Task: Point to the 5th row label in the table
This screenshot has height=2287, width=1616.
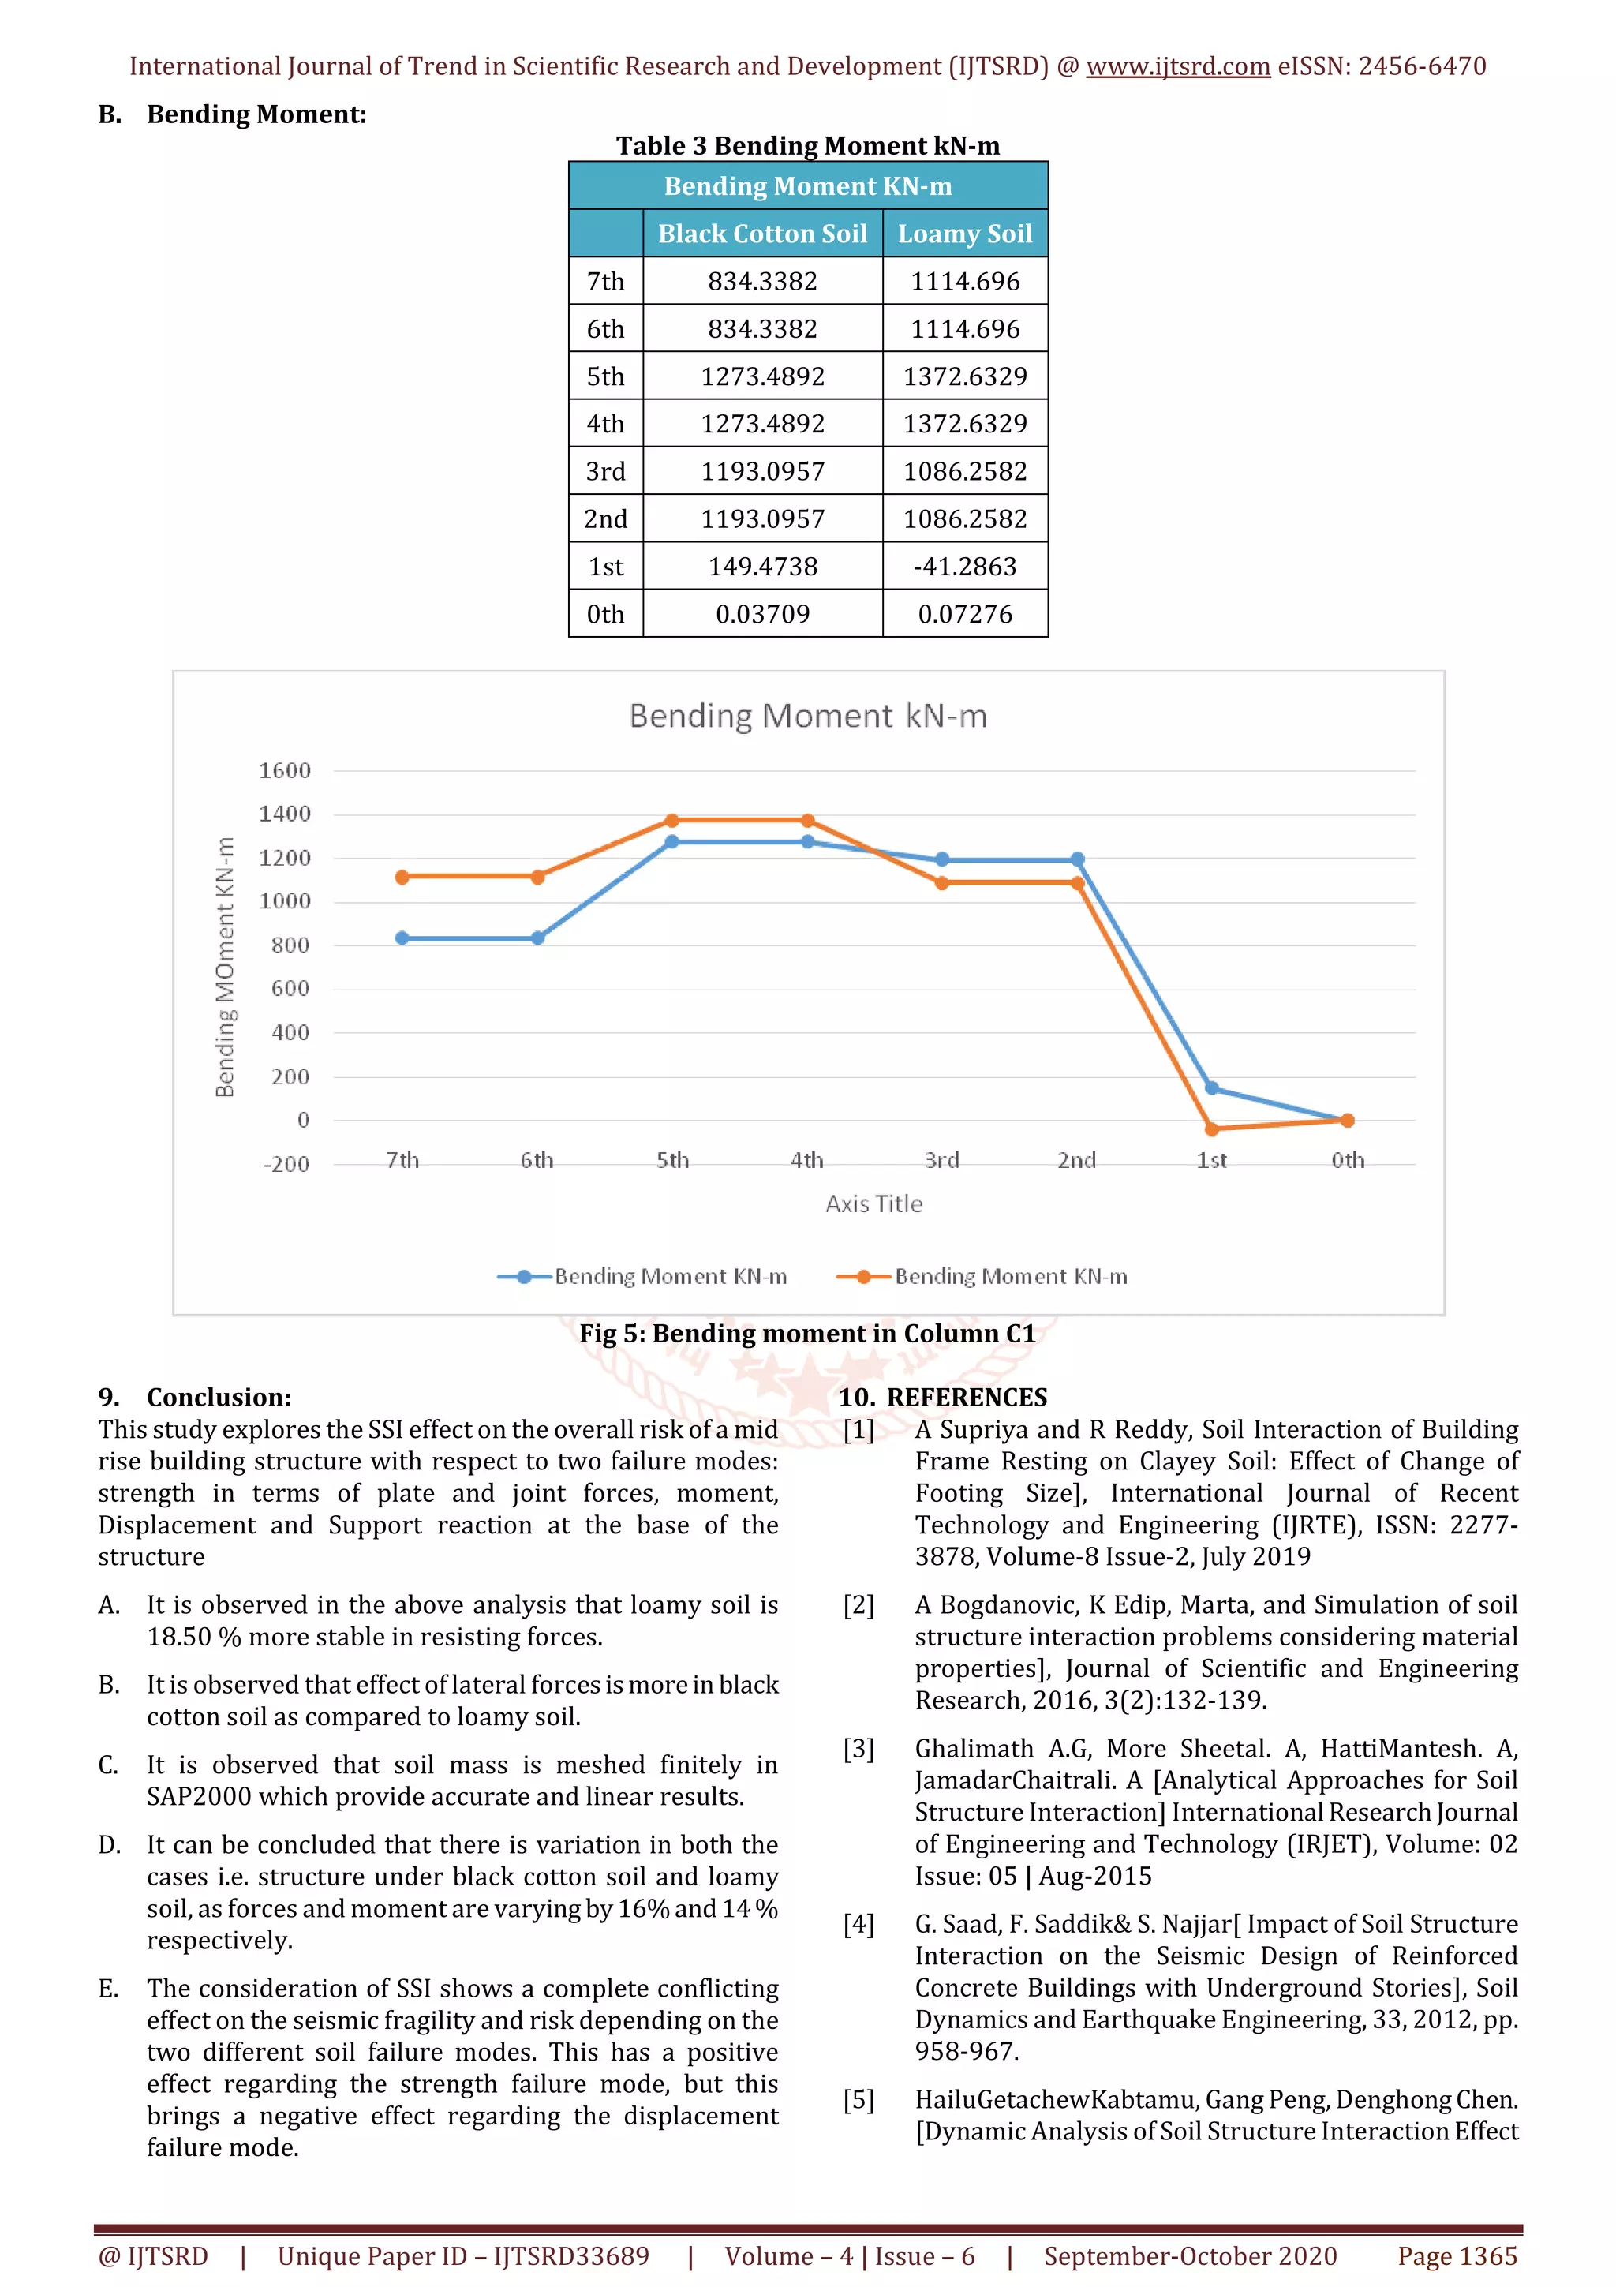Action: point(604,376)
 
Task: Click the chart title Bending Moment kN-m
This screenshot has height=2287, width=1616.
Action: point(807,717)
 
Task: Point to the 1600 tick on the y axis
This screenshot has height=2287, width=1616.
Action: point(285,770)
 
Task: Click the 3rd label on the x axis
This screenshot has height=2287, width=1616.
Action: point(941,1160)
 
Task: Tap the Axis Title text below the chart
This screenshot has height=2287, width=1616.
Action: point(873,1204)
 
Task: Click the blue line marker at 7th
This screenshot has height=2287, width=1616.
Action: point(402,938)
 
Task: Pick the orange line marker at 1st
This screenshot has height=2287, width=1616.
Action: point(1212,1129)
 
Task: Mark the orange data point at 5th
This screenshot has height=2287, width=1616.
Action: point(672,821)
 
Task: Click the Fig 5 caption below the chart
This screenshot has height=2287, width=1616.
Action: point(807,1334)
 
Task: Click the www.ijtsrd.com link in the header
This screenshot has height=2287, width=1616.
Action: point(1177,67)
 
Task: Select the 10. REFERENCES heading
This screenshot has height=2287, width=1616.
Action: point(942,1398)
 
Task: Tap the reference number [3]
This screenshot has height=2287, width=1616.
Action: point(858,1749)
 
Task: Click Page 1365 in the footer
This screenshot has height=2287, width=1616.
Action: point(1457,2256)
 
